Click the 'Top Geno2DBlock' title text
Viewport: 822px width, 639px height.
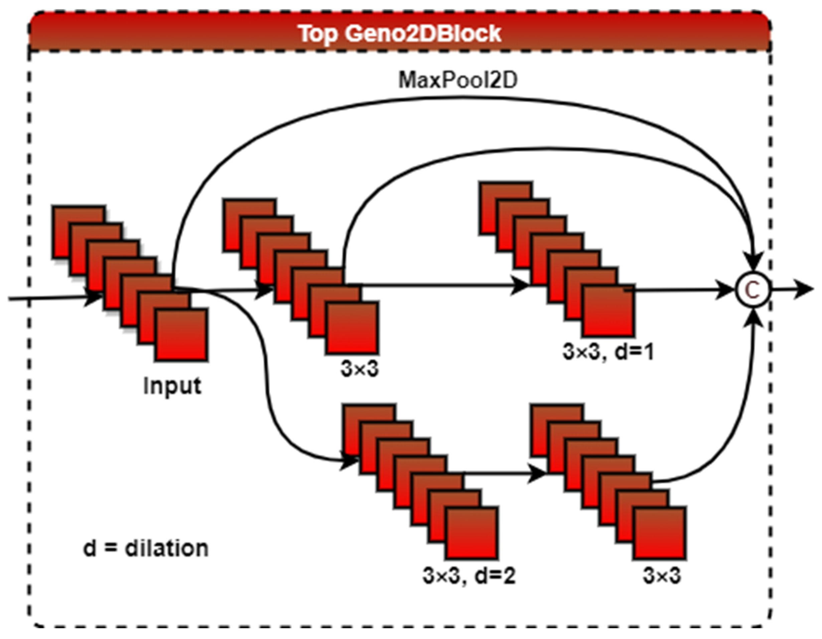(x=400, y=33)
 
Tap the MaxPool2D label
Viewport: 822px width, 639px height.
(x=458, y=80)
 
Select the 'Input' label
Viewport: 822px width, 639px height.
(x=172, y=386)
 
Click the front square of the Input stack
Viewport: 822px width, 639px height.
(x=181, y=335)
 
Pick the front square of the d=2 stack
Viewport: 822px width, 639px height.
(x=472, y=533)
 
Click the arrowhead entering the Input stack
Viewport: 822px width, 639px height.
(x=93, y=298)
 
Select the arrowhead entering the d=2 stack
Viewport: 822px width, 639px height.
(x=348, y=462)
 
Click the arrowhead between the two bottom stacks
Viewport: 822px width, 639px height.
(x=537, y=474)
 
